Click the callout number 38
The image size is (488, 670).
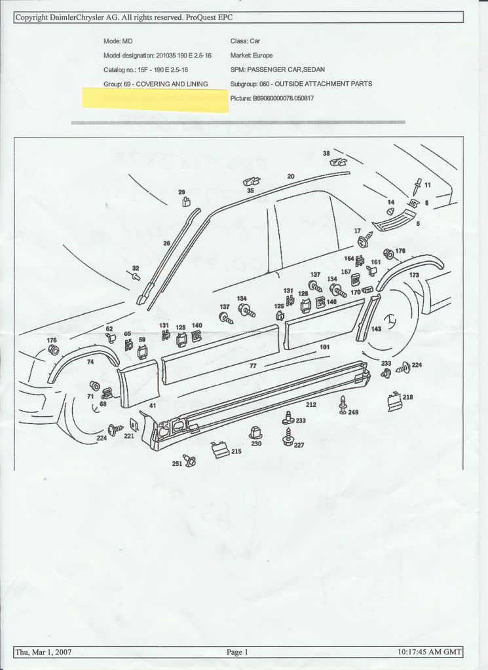(x=326, y=153)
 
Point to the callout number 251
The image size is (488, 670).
(x=177, y=463)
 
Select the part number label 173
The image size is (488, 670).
(x=414, y=275)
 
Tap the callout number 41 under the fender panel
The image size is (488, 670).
(x=153, y=406)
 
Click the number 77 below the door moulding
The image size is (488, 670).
(x=253, y=366)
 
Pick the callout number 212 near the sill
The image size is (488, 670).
(x=311, y=404)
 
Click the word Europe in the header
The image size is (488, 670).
(x=261, y=56)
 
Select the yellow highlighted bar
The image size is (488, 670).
(x=155, y=100)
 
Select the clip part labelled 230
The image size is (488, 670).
(x=255, y=432)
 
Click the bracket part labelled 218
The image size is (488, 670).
(x=394, y=402)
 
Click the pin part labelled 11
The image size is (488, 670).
(x=417, y=186)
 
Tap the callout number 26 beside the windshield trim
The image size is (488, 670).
(x=166, y=243)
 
